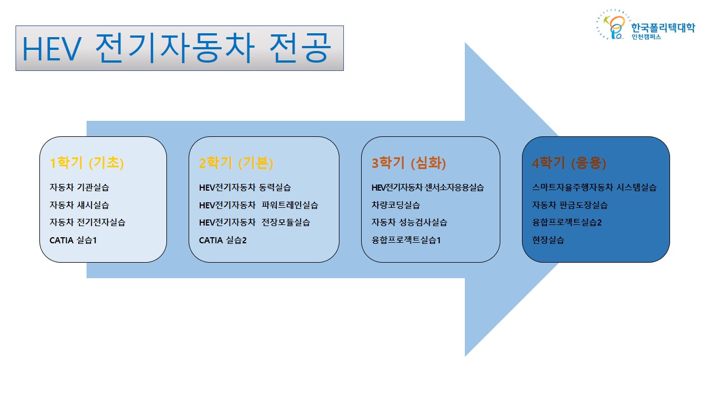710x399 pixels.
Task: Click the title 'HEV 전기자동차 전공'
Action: (176, 48)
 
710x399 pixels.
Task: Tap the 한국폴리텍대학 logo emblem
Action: (613, 25)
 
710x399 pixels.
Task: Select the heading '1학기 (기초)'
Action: (87, 163)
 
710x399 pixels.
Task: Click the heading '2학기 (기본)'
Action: (236, 163)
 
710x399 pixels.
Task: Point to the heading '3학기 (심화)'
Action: (409, 163)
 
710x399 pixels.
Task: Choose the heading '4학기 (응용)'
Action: (569, 163)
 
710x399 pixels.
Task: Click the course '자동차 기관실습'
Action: (79, 187)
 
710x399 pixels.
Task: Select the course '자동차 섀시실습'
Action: (79, 205)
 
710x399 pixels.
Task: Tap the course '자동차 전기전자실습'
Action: (88, 222)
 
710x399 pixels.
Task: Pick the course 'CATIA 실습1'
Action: (73, 241)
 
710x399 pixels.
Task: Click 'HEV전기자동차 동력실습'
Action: (245, 187)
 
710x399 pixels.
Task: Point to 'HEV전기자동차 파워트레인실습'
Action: (258, 205)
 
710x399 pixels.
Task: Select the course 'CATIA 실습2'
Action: (222, 241)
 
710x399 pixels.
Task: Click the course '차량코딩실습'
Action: (395, 205)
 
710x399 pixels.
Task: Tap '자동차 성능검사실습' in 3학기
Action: (409, 222)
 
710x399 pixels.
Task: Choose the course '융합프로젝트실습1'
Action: (406, 241)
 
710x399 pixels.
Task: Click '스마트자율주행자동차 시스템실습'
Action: (594, 187)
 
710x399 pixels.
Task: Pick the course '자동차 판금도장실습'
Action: (570, 205)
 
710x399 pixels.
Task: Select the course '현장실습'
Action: (548, 241)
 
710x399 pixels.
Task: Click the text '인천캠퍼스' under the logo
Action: (646, 37)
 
